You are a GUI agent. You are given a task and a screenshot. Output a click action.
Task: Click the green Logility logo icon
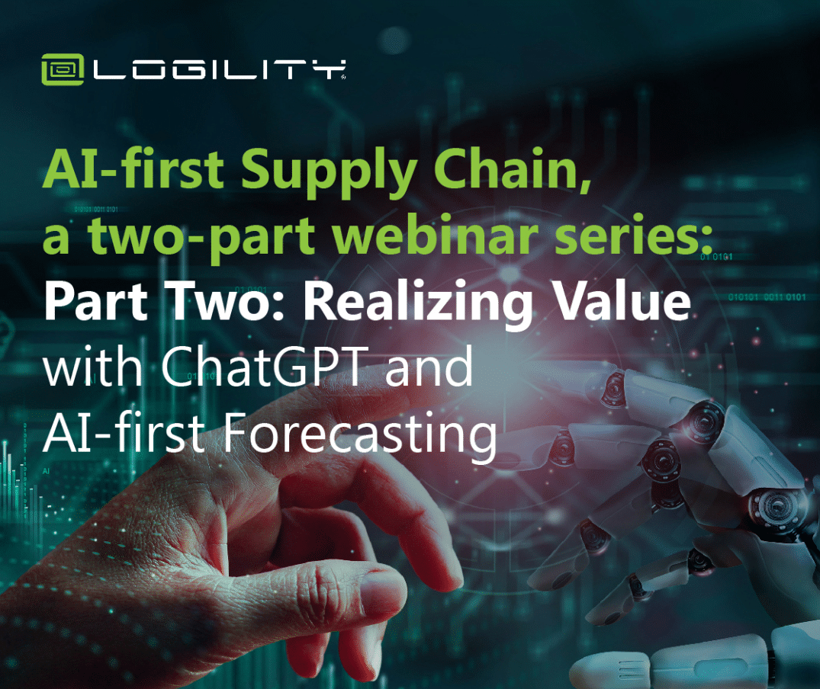click(x=63, y=69)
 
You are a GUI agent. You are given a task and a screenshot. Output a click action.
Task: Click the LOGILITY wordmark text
click(x=220, y=70)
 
